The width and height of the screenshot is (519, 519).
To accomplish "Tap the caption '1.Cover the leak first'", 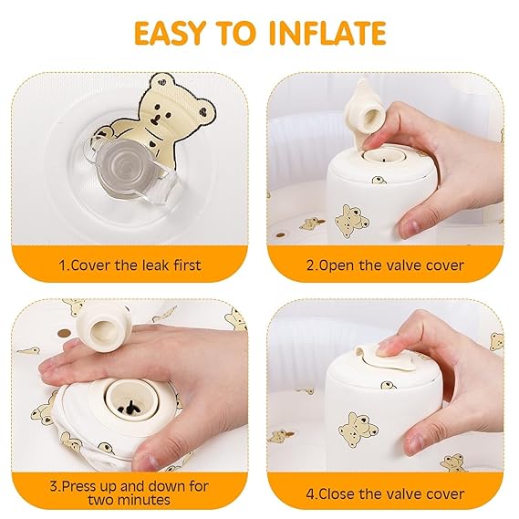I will coord(130,265).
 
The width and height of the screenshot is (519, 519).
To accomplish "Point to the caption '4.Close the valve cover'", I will coord(385,493).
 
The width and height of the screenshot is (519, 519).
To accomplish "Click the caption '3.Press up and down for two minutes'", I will coord(130,493).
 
